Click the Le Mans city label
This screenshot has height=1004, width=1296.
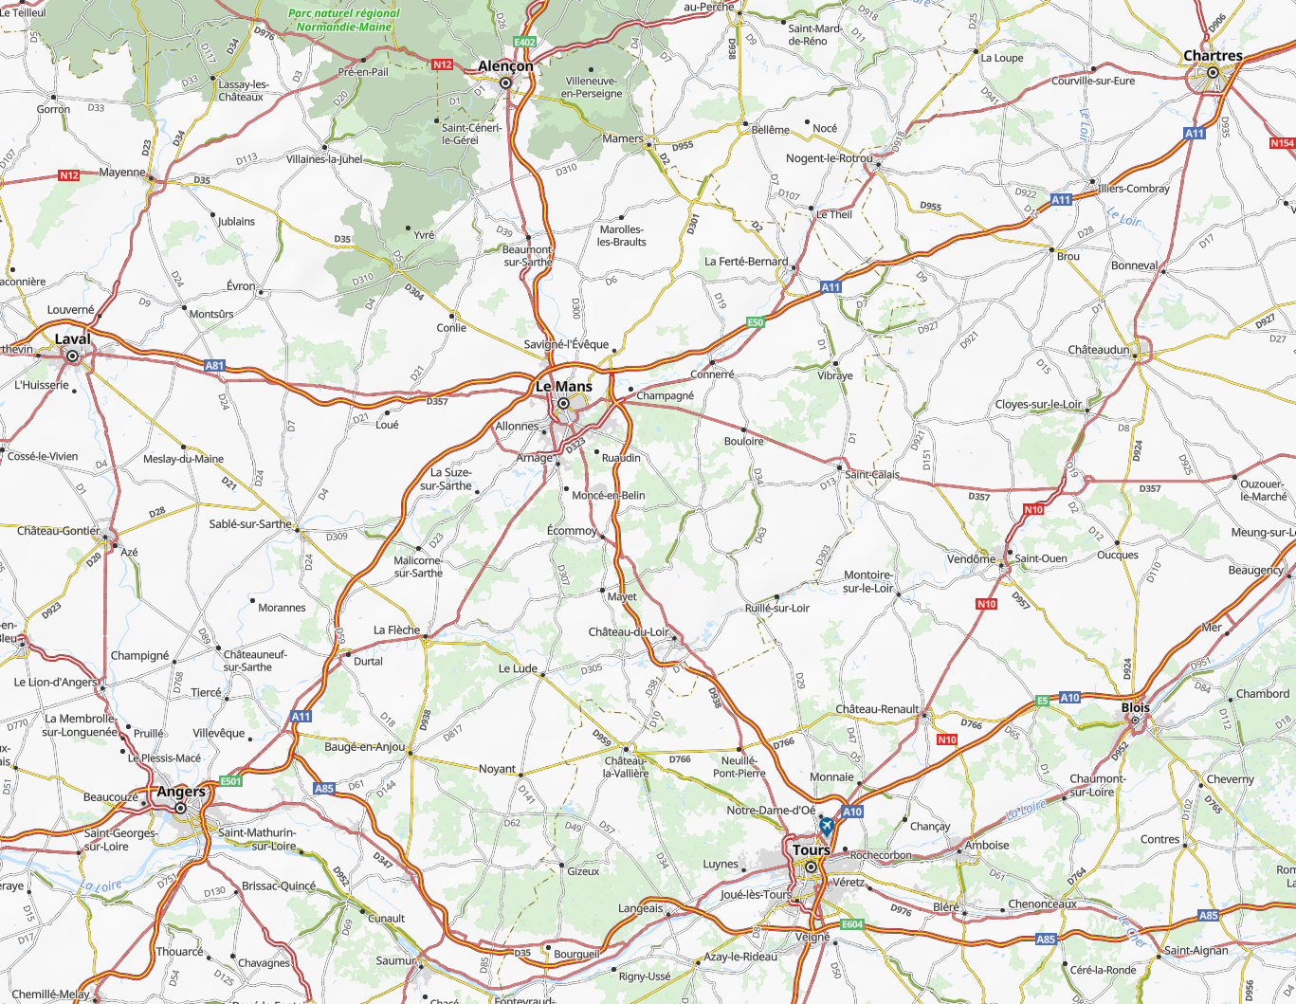pyautogui.click(x=563, y=387)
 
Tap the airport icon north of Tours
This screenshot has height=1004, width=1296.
pyautogui.click(x=827, y=826)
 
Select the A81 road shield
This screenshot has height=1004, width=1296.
pyautogui.click(x=215, y=365)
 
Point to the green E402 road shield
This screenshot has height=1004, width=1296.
pyautogui.click(x=524, y=43)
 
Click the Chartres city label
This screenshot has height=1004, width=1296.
pyautogui.click(x=1213, y=56)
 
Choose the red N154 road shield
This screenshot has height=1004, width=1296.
pyautogui.click(x=1282, y=143)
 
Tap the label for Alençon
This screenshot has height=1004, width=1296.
pyautogui.click(x=505, y=66)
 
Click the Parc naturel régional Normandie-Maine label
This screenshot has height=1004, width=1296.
pyautogui.click(x=344, y=20)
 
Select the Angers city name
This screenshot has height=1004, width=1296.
pyautogui.click(x=181, y=792)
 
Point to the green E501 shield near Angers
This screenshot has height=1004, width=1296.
pyautogui.click(x=231, y=781)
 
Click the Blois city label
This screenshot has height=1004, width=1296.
pyautogui.click(x=1135, y=708)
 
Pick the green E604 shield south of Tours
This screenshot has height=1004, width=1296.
pyautogui.click(x=852, y=924)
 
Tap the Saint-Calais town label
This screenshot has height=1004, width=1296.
pyautogui.click(x=872, y=475)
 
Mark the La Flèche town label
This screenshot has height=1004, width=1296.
pyautogui.click(x=396, y=630)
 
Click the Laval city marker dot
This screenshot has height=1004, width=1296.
pyautogui.click(x=72, y=356)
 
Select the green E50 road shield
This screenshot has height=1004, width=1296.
pyautogui.click(x=755, y=322)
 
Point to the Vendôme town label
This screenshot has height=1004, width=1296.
pyautogui.click(x=971, y=558)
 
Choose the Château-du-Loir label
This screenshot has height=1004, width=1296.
pyautogui.click(x=629, y=632)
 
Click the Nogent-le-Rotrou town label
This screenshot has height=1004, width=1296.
pyautogui.click(x=830, y=158)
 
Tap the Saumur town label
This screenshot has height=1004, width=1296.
pyautogui.click(x=395, y=960)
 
